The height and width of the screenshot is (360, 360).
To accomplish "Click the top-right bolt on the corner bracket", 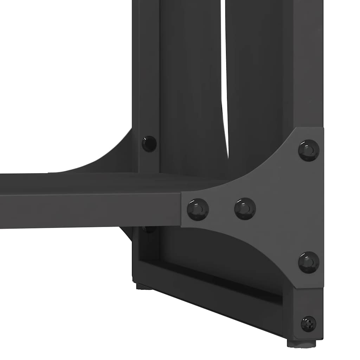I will [x=309, y=150].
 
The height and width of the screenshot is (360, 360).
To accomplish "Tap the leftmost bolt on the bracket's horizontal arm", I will [x=198, y=209].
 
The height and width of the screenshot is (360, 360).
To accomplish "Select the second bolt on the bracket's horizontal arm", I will [x=245, y=208].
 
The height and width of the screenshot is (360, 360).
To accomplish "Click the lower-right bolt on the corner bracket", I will [x=309, y=262].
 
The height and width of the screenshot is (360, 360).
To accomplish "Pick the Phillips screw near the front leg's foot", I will [x=308, y=324].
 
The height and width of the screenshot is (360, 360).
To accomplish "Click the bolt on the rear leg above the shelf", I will [x=149, y=144].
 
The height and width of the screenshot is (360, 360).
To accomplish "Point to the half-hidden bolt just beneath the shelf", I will [x=149, y=230].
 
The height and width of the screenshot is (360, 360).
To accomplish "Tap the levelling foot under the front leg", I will [x=301, y=343].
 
